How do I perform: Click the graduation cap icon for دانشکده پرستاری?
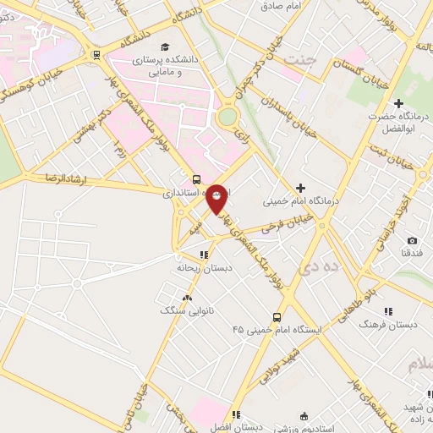pyautogui.click(x=166, y=46)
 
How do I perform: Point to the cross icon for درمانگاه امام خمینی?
pyautogui.click(x=300, y=187)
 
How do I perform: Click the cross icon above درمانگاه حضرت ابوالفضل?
pyautogui.click(x=398, y=102)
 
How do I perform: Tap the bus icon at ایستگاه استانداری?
pyautogui.click(x=196, y=179)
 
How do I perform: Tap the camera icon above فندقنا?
pyautogui.click(x=412, y=240)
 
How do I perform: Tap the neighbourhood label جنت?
pyautogui.click(x=299, y=61)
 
